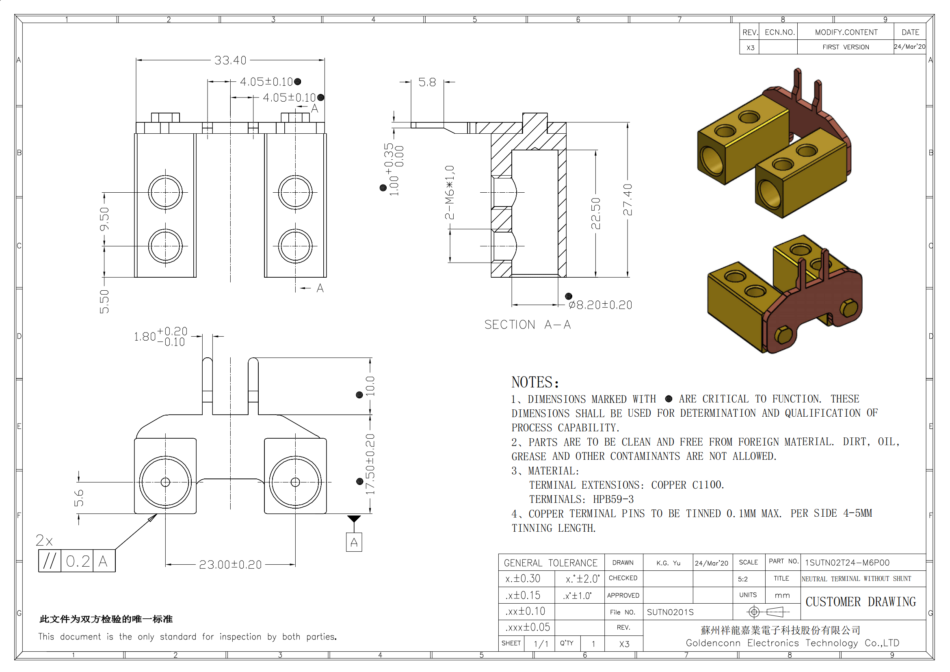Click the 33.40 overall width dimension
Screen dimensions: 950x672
230,61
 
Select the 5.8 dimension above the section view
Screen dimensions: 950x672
427,82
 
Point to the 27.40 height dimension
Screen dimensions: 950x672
627,200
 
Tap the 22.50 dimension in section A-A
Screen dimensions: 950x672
595,213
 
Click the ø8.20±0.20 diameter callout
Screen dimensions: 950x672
600,305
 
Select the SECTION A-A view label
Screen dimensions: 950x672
528,324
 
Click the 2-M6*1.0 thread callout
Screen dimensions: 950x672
450,192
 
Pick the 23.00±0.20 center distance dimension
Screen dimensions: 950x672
230,564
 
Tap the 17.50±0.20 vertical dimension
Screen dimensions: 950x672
370,464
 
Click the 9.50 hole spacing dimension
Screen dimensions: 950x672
104,219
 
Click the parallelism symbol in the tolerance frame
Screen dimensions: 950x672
50,561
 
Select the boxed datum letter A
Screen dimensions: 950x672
354,542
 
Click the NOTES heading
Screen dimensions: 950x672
535,382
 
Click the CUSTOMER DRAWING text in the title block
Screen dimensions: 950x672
861,602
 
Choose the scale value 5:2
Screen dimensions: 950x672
743,579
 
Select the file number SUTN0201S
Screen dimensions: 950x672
670,612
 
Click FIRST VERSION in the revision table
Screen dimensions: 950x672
846,47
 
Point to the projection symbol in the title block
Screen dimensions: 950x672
768,611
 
